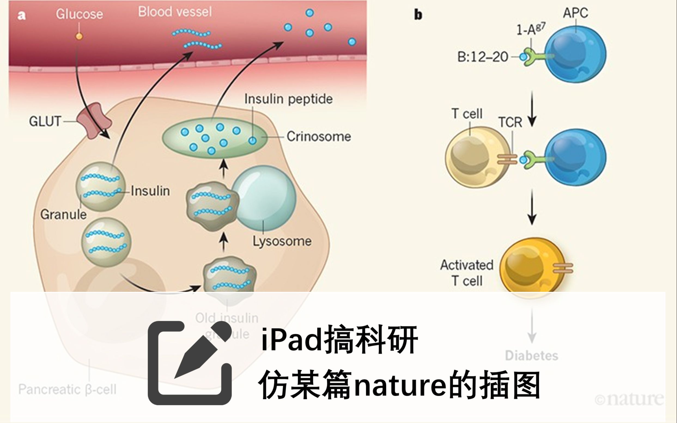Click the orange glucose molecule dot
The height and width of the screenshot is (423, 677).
79,36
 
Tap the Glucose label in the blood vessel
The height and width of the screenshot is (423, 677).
80,14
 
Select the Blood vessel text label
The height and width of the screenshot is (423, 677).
175,12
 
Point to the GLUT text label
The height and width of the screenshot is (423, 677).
45,121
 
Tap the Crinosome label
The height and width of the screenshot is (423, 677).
318,136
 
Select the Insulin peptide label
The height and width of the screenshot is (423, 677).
289,99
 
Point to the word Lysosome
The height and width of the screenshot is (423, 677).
282,241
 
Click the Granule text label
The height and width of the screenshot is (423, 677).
63,215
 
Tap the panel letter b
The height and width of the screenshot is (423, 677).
418,14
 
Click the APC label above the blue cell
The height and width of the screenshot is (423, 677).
575,13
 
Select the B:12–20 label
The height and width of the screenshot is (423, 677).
482,57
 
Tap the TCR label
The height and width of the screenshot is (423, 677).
510,123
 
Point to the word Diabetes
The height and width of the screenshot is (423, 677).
532,355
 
